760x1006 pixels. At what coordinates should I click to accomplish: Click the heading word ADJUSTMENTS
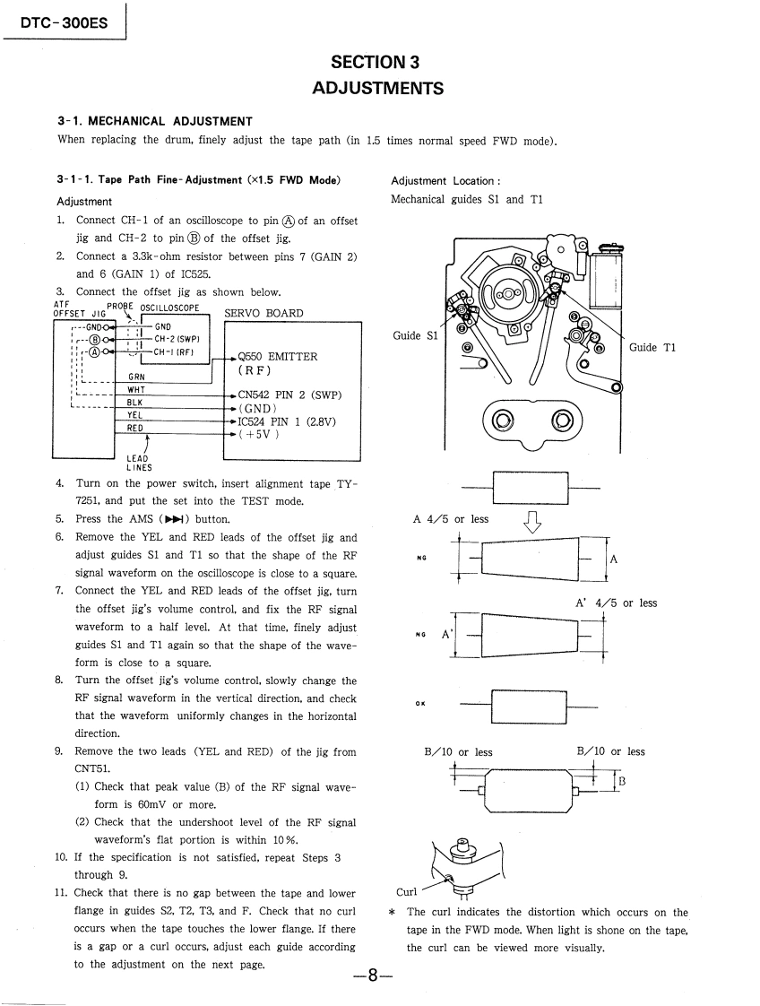377,88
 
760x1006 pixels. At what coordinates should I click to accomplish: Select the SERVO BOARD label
263,313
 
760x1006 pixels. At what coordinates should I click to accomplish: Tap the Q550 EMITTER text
277,356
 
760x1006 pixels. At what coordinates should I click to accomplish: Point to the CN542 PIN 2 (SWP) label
289,395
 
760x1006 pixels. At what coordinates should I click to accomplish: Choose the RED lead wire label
136,429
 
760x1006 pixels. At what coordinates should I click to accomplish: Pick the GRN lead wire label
136,377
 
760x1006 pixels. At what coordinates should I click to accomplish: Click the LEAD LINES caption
139,462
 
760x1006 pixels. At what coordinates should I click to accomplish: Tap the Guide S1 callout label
416,335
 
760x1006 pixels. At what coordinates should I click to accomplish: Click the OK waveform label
420,703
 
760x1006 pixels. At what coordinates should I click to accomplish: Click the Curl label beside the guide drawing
408,892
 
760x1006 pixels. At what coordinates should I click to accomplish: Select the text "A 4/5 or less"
451,518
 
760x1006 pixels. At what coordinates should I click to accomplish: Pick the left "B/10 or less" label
458,751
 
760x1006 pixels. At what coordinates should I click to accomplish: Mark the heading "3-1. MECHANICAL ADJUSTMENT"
155,121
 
